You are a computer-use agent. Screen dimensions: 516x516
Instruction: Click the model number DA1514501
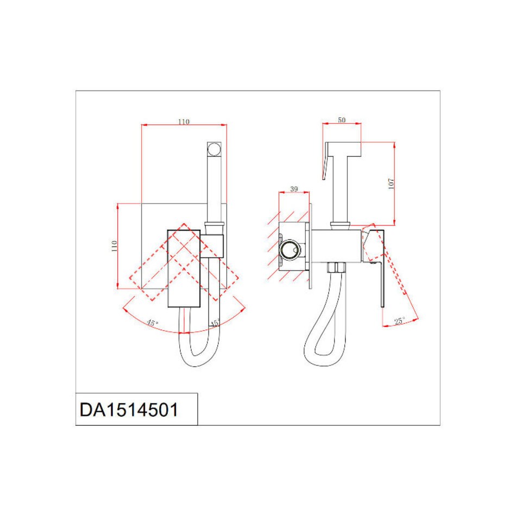coord(129,410)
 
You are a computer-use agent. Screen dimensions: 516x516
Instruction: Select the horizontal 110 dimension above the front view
coord(184,122)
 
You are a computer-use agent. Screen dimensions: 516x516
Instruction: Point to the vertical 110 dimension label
coord(114,246)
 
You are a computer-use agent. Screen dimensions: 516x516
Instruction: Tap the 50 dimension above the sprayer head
coord(342,120)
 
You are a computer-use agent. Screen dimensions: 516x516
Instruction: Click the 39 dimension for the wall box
coord(294,189)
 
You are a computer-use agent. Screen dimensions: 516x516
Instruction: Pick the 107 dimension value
coord(391,184)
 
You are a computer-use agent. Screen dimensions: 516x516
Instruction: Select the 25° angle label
coord(400,321)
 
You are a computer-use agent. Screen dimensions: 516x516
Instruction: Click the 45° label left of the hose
coord(152,323)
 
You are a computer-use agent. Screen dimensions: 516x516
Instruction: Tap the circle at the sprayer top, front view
coord(214,149)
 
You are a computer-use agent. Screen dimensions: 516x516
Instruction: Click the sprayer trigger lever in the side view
coord(326,161)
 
